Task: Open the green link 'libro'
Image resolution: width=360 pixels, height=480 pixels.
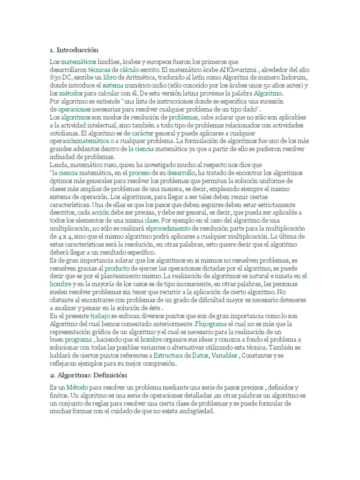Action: [110, 77]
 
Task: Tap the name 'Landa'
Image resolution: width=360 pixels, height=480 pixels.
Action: [59, 165]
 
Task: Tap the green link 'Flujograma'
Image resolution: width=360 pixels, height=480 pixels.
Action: [210, 324]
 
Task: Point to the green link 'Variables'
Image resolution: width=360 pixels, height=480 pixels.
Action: [225, 356]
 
